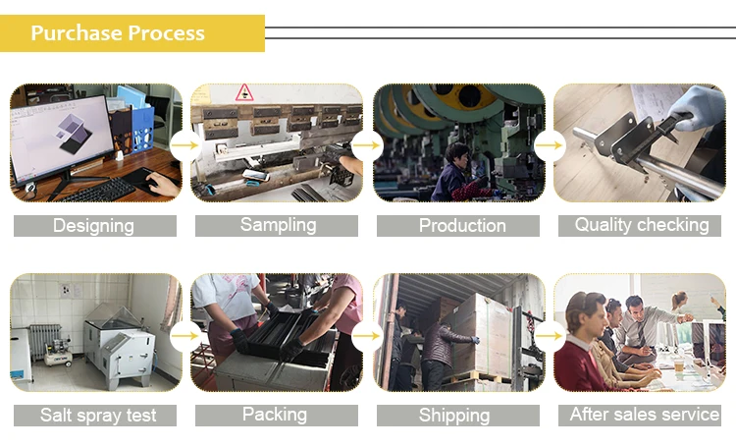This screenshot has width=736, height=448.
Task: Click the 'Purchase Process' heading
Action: click(x=118, y=33)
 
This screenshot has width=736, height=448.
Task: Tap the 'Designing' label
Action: click(x=93, y=226)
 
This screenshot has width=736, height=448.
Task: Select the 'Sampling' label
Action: click(x=279, y=225)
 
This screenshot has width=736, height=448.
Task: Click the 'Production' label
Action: click(x=462, y=226)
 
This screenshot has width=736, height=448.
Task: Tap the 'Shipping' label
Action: click(x=454, y=416)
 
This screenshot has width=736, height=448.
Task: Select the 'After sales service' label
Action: click(x=644, y=415)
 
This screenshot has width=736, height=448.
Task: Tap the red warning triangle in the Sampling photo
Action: click(x=244, y=93)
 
